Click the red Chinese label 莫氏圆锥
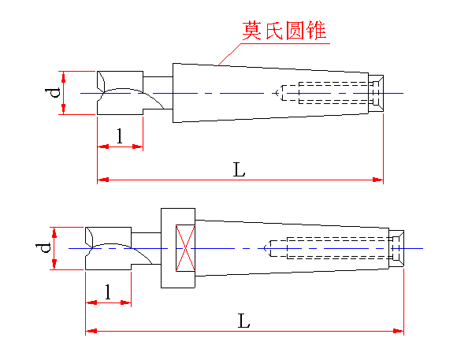(284, 30)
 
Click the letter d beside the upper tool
(53, 92)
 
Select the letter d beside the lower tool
(43, 247)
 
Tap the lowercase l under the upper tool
(120, 135)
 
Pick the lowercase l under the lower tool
(108, 291)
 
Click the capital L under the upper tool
(239, 169)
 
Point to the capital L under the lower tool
(243, 321)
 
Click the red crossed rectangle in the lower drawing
(185, 248)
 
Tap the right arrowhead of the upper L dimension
(377, 180)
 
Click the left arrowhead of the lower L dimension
(91, 331)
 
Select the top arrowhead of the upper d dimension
(64, 76)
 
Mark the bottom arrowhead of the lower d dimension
(54, 264)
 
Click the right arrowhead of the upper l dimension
(138, 147)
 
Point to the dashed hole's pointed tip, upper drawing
(276, 93)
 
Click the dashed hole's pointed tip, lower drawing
(264, 248)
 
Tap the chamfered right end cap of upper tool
(376, 93)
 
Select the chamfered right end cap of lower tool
(396, 248)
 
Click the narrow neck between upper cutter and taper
(158, 93)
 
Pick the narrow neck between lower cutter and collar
(146, 248)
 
